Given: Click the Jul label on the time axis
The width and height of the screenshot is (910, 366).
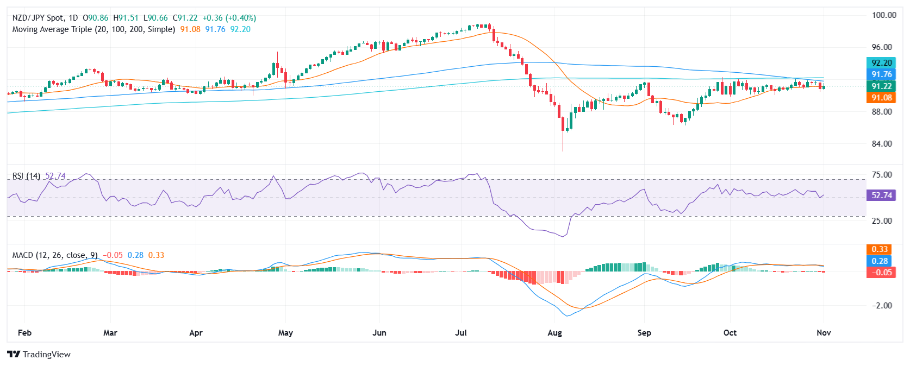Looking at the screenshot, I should click(461, 333).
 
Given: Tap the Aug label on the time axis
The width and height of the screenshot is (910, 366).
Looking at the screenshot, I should click(554, 333).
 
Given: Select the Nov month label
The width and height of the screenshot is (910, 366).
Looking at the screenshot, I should click(824, 333).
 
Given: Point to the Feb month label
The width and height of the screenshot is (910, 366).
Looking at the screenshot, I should click(24, 333).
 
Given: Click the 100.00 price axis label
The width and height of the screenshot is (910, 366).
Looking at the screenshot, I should click(884, 15).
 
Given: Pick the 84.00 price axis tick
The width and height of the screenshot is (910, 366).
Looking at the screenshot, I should click(882, 144).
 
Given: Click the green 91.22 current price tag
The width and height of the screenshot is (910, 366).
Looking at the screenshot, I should click(881, 86).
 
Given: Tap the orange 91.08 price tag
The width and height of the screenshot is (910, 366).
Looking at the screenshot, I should click(881, 98).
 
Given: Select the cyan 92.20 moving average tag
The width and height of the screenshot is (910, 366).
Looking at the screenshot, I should click(881, 63).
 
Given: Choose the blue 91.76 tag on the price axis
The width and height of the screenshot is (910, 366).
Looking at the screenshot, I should click(881, 74).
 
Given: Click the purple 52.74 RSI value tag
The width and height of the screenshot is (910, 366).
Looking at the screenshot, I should click(881, 195).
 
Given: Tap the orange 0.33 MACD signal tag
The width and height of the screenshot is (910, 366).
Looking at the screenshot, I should click(880, 249).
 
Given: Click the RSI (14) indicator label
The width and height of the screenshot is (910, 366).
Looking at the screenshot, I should click(26, 176).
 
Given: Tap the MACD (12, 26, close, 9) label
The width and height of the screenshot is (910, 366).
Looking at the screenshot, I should click(55, 255).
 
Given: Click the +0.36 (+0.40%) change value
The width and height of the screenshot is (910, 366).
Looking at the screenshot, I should click(229, 18).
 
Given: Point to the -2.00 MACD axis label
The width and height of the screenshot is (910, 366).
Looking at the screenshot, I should click(882, 306).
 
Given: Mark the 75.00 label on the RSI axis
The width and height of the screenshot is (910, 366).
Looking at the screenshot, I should click(882, 175).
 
